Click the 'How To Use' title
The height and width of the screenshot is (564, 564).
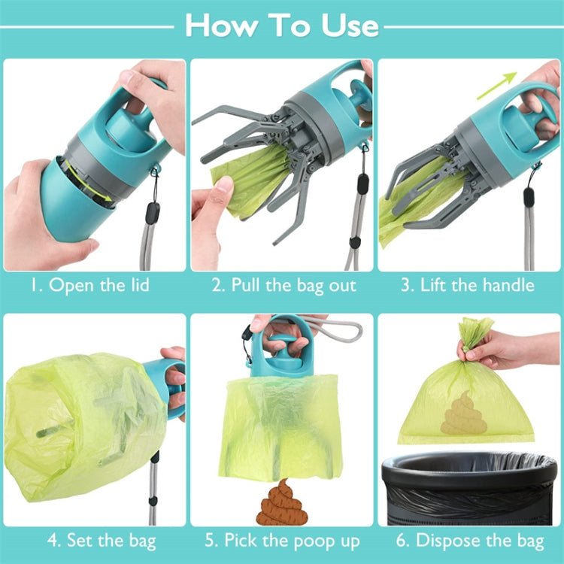point(282,25)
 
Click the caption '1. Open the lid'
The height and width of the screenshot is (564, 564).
point(90,285)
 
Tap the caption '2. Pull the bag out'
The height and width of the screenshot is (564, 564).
point(283,285)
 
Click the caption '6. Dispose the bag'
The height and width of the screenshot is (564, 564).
point(469,540)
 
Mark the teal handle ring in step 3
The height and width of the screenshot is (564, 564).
point(526,109)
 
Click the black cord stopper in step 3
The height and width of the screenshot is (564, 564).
point(529,197)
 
